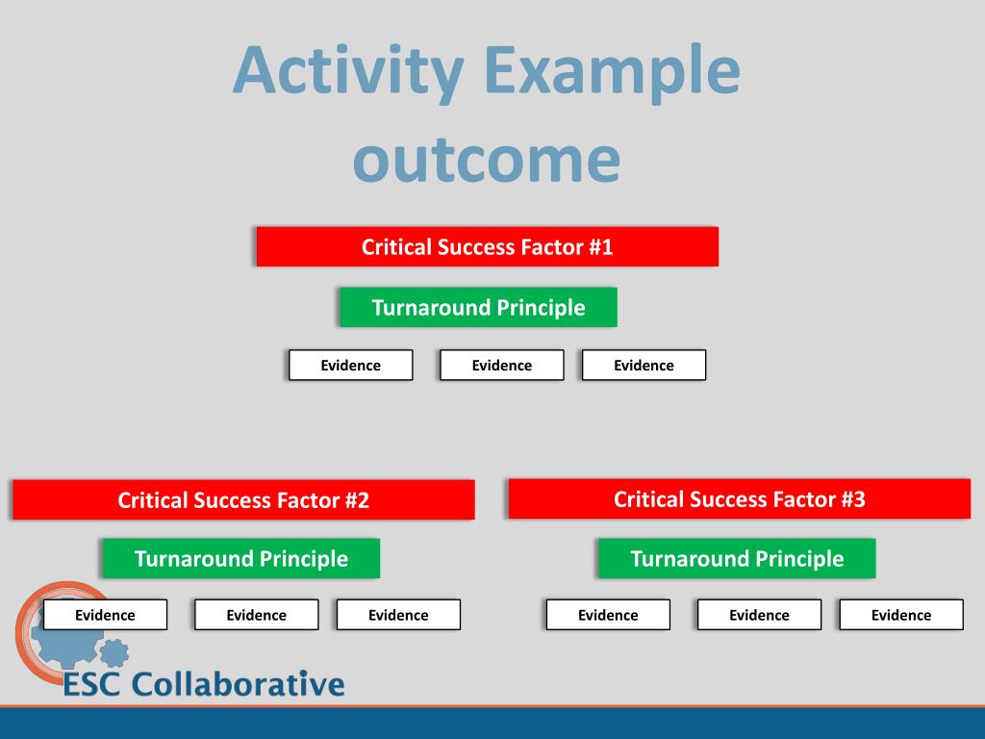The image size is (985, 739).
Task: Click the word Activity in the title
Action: (x=348, y=71)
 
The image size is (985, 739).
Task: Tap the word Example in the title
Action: (x=612, y=71)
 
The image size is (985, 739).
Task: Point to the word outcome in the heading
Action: (x=486, y=159)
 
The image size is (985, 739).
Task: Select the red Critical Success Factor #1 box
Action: (x=487, y=247)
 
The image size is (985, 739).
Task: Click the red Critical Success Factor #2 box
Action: (x=243, y=500)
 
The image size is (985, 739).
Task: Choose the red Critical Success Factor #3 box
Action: (x=739, y=498)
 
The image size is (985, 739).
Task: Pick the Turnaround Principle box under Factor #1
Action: (x=478, y=308)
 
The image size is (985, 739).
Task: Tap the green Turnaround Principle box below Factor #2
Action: (x=240, y=559)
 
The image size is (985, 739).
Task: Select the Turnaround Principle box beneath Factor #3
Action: (x=736, y=559)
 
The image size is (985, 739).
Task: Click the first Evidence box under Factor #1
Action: (x=350, y=366)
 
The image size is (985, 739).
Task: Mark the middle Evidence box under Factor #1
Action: (x=501, y=366)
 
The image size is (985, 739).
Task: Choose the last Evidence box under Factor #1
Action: (x=644, y=366)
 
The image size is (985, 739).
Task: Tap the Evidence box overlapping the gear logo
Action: (x=105, y=615)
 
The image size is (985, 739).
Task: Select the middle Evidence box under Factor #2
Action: (x=256, y=615)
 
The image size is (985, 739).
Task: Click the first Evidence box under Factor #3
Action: (x=608, y=615)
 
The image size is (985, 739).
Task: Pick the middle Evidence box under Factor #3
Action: (x=759, y=615)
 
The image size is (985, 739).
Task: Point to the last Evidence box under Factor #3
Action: (x=901, y=615)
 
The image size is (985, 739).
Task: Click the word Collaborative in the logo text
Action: (x=238, y=685)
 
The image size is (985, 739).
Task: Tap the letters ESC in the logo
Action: (x=93, y=685)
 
